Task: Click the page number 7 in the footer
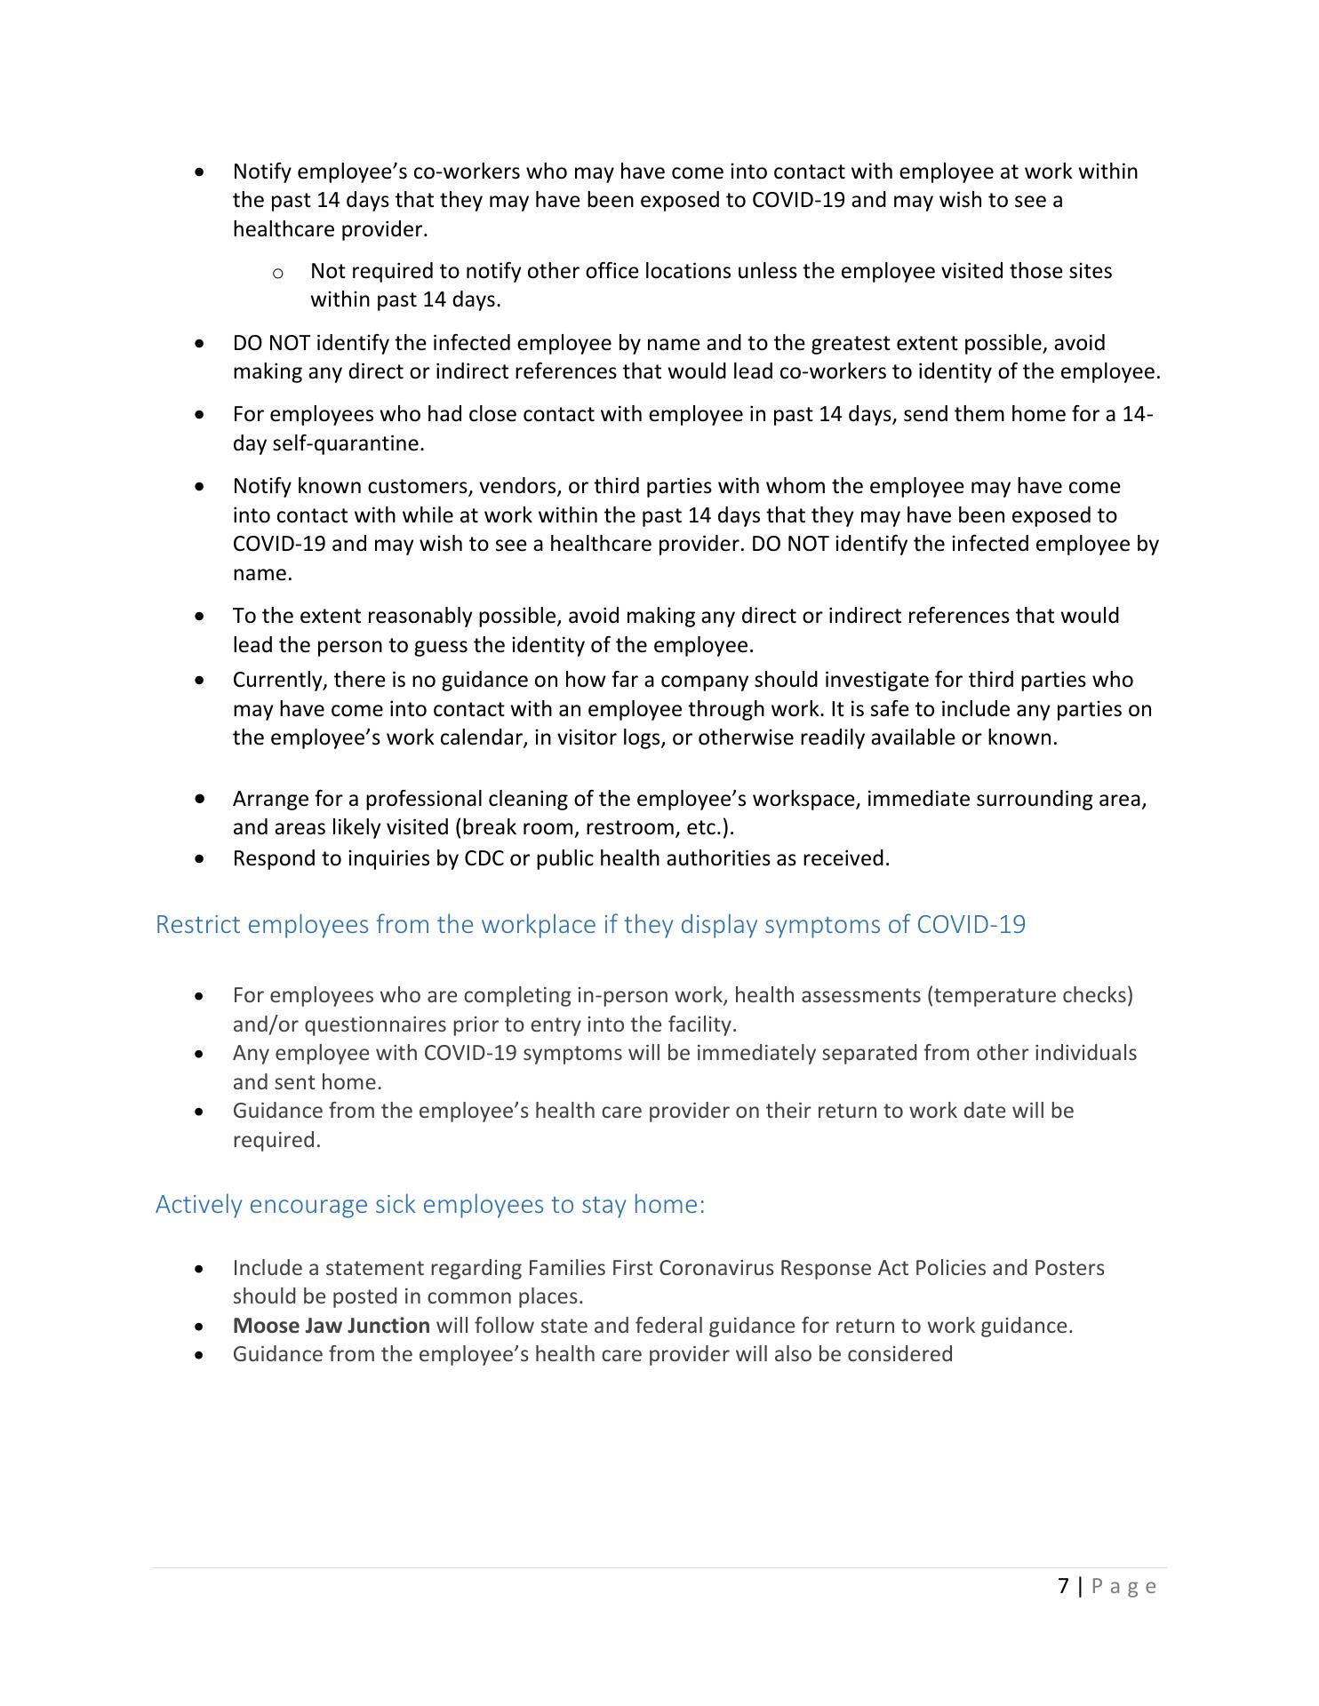(x=1064, y=1586)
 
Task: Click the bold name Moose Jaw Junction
(x=331, y=1325)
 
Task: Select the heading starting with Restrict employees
(x=590, y=924)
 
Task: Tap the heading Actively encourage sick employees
(x=430, y=1204)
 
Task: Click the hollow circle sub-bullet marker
(x=278, y=272)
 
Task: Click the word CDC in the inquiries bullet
(x=484, y=858)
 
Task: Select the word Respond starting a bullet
(x=269, y=858)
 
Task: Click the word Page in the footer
(x=1124, y=1586)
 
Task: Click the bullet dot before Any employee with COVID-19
(x=204, y=1054)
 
